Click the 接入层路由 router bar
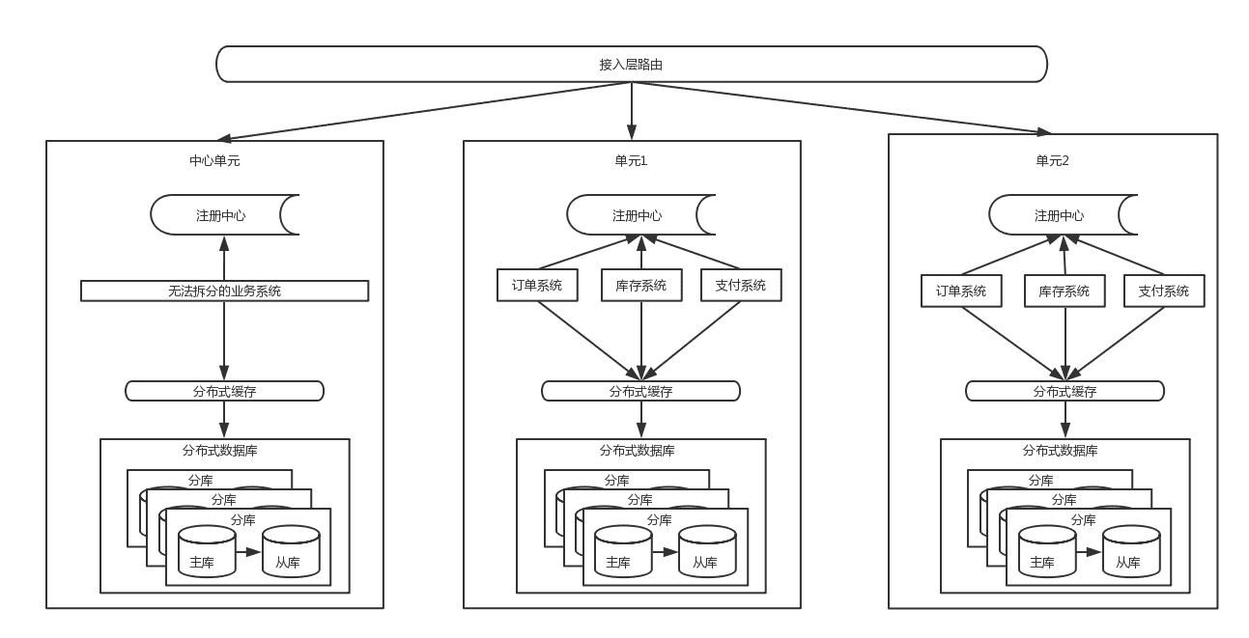631,64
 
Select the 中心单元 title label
214,161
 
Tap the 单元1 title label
632,161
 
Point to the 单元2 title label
1053,161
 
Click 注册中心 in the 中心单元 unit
221,215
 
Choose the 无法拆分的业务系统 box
224,291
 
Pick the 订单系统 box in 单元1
537,285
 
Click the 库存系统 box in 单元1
640,285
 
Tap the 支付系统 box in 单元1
741,285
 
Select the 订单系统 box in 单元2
961,291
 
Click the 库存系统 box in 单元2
1064,291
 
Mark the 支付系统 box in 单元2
1163,291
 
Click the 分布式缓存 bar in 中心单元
224,391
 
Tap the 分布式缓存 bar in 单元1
640,391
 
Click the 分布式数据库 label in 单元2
1060,450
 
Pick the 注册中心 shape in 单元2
1059,215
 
